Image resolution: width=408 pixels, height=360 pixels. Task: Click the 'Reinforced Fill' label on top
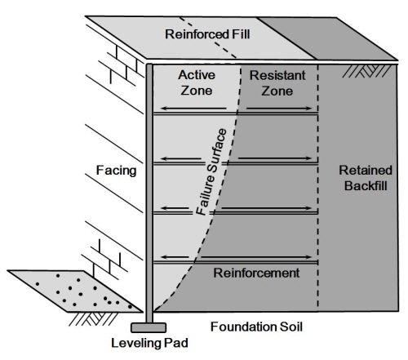tap(207, 34)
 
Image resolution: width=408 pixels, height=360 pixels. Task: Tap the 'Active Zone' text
tap(197, 82)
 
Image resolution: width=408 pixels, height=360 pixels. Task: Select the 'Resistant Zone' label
tap(277, 83)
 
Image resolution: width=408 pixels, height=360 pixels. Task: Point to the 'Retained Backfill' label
tap(366, 178)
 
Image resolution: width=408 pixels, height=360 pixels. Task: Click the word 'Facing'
tap(116, 171)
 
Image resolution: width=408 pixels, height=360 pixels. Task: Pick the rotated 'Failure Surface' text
tap(211, 172)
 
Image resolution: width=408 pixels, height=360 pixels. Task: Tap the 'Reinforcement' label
tap(256, 273)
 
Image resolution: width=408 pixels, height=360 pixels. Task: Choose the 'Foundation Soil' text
tap(256, 327)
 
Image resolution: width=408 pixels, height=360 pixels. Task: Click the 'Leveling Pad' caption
tap(149, 343)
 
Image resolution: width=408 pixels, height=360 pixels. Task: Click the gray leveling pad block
tap(149, 327)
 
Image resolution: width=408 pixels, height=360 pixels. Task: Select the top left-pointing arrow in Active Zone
tap(193, 109)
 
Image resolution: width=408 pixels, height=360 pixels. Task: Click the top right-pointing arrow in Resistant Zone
tap(279, 109)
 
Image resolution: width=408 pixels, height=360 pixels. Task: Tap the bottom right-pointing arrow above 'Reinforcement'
tap(256, 257)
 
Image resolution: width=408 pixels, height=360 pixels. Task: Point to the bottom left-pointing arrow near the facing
tap(175, 257)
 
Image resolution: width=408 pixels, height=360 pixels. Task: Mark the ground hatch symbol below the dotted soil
tap(93, 318)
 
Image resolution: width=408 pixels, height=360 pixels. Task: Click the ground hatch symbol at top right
tap(366, 71)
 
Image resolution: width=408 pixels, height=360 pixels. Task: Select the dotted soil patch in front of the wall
tap(75, 291)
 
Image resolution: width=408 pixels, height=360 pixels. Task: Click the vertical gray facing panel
tap(149, 193)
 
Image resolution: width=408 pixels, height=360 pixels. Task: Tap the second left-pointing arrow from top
tap(181, 158)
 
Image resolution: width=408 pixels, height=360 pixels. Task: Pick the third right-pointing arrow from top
tap(267, 208)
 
